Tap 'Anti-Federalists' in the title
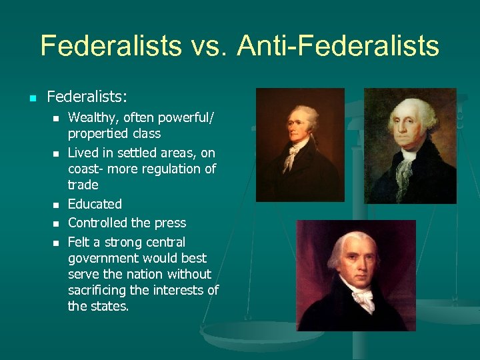tap(337, 47)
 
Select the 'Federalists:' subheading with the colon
tap(86, 97)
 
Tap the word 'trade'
tap(83, 185)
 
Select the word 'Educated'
tap(95, 204)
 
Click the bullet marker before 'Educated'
tap(56, 205)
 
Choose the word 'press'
tap(170, 223)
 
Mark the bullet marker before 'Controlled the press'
tap(56, 224)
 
